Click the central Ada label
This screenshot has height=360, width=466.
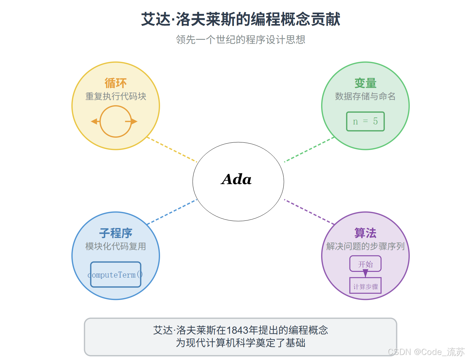point(236,179)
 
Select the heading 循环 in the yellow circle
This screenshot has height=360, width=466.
point(116,83)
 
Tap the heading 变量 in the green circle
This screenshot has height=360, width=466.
point(365,83)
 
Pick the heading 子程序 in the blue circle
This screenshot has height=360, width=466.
point(116,233)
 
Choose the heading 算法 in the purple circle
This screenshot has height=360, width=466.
point(365,233)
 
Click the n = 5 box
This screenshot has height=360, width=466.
point(365,121)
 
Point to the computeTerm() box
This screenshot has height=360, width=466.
point(116,274)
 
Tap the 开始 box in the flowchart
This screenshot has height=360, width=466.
point(365,264)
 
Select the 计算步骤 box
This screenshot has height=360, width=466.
point(365,286)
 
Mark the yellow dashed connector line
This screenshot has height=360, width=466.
point(172,150)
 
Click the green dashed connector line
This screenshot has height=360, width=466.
point(309,150)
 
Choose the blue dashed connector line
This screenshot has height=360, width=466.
point(172,212)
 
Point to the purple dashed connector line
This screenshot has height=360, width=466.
point(309,212)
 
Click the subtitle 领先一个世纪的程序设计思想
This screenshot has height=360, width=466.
point(240,40)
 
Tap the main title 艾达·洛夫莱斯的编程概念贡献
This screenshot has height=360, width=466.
point(240,19)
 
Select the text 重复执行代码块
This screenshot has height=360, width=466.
point(116,96)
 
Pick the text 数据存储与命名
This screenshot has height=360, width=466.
point(365,96)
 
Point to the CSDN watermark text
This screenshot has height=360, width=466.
point(426,352)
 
